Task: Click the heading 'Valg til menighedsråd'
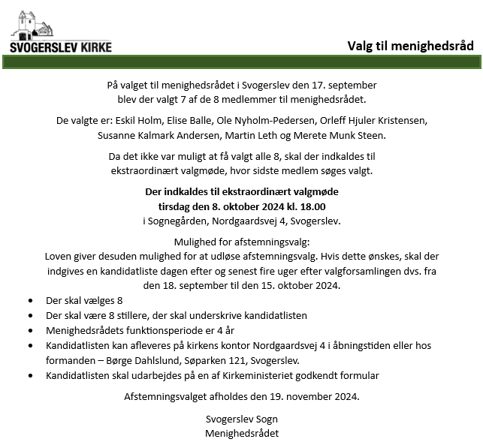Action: coord(410,46)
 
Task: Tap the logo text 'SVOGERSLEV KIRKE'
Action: coord(61,47)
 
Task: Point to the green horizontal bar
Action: coord(241,62)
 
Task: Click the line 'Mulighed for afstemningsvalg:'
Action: coord(242,243)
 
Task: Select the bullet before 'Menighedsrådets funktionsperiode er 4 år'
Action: coord(30,331)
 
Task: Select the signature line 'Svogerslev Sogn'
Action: coord(241,419)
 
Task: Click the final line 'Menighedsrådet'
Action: coord(241,433)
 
